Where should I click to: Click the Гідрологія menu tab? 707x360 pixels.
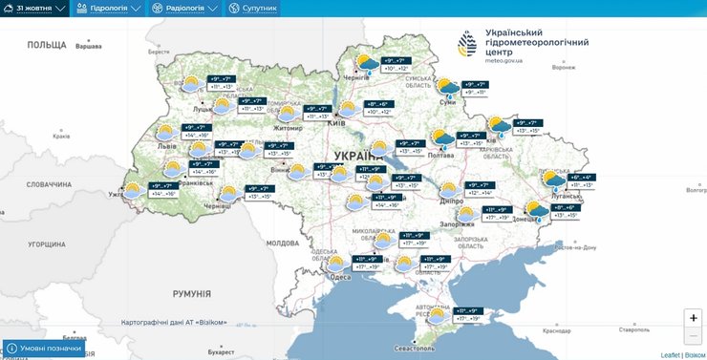(109, 9)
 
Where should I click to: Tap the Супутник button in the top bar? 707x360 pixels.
(253, 9)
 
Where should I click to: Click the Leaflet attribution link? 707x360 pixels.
(669, 354)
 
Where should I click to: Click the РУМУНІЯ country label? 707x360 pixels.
(192, 293)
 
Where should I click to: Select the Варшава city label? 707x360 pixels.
(88, 46)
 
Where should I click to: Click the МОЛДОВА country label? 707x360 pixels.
(283, 243)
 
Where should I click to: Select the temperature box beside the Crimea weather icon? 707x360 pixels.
(468, 314)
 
